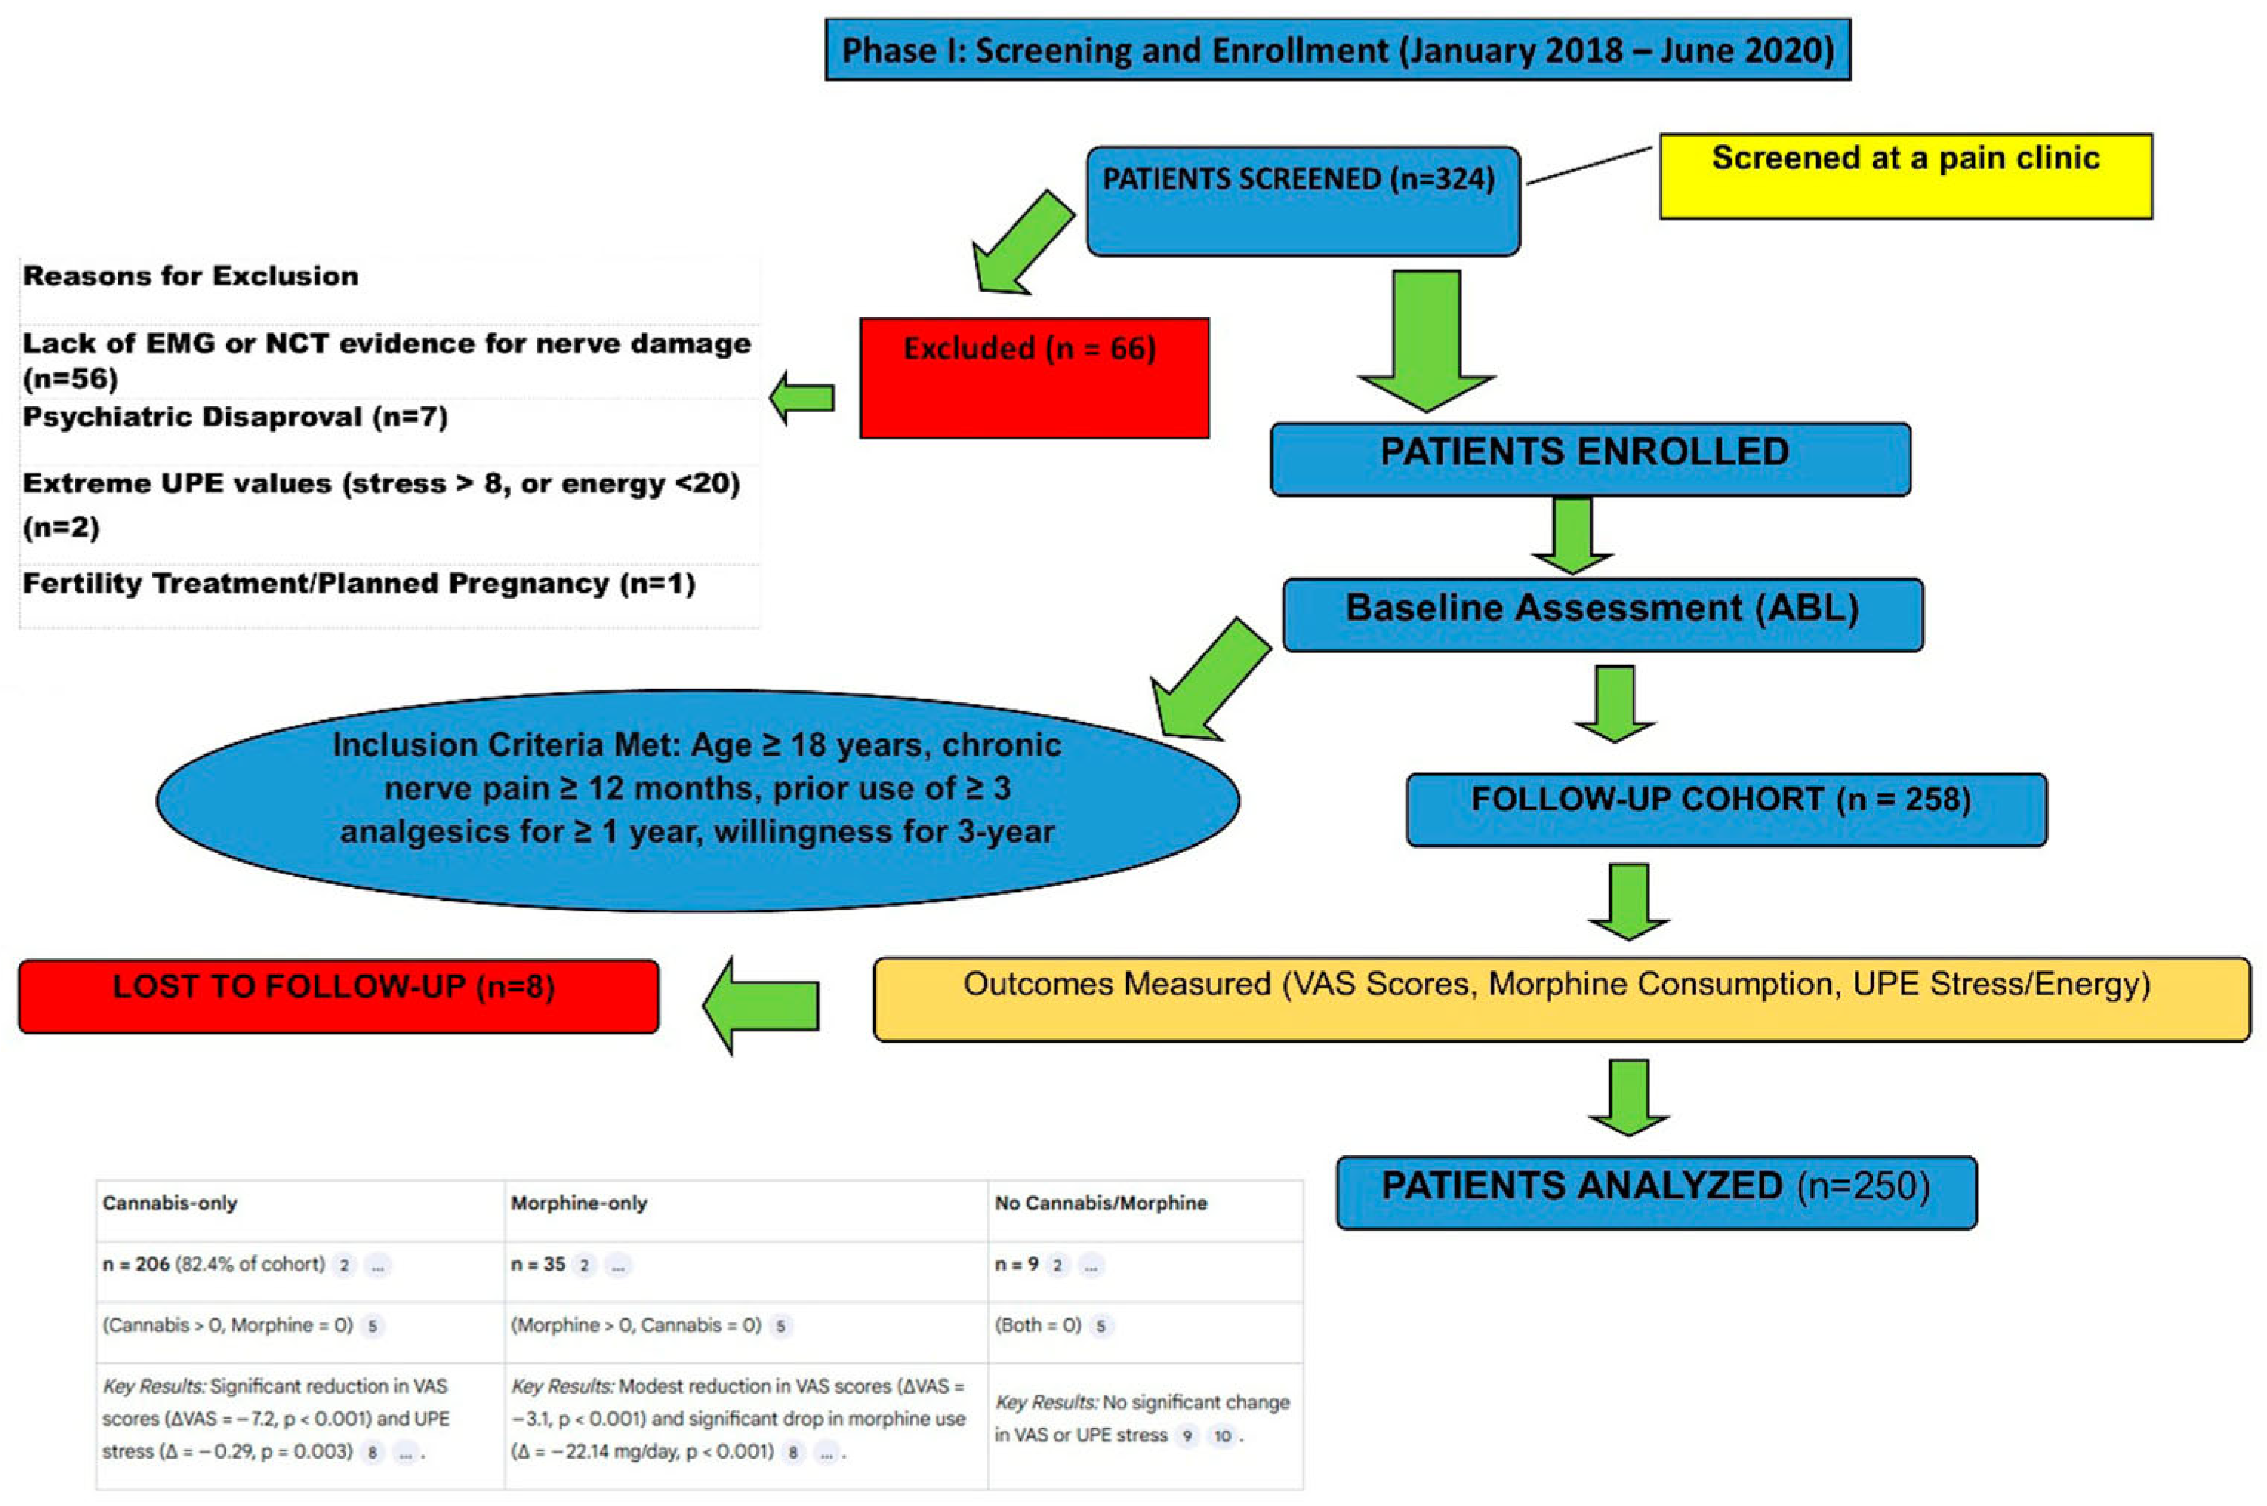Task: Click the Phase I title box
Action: tap(1337, 49)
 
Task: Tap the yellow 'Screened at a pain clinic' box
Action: tap(1906, 176)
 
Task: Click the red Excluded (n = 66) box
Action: tap(1034, 377)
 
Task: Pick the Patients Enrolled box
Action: tap(1590, 458)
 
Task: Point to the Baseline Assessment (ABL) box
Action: tap(1602, 614)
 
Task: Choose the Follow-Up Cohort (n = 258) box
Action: tap(1726, 809)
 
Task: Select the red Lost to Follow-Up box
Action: tap(338, 996)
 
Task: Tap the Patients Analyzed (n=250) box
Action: tap(1656, 1192)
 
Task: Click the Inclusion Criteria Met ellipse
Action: tap(697, 799)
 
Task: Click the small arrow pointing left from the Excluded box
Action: tap(803, 397)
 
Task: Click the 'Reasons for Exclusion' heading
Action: tap(190, 277)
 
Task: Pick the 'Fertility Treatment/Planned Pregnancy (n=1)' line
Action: tap(358, 584)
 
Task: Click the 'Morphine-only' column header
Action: tap(578, 1203)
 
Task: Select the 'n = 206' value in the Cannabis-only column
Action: tap(135, 1265)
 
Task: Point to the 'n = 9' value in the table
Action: tap(1015, 1265)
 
